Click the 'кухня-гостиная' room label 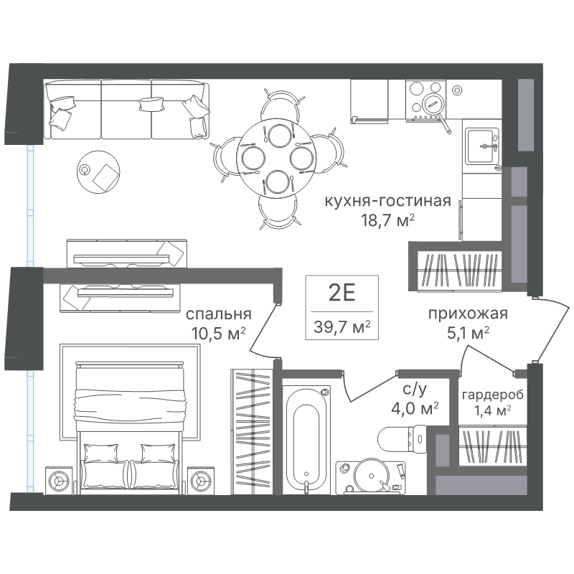(387, 202)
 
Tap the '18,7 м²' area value (387, 220)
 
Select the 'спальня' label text (219, 314)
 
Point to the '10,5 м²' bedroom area (218, 333)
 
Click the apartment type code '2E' (342, 293)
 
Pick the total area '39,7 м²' (342, 326)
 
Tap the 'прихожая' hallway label (468, 314)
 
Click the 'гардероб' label (492, 395)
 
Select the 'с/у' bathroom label (415, 390)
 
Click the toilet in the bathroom (402, 439)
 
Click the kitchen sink (482, 146)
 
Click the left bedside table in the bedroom (59, 480)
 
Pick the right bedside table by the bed (201, 480)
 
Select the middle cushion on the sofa (151, 103)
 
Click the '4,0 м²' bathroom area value (415, 408)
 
